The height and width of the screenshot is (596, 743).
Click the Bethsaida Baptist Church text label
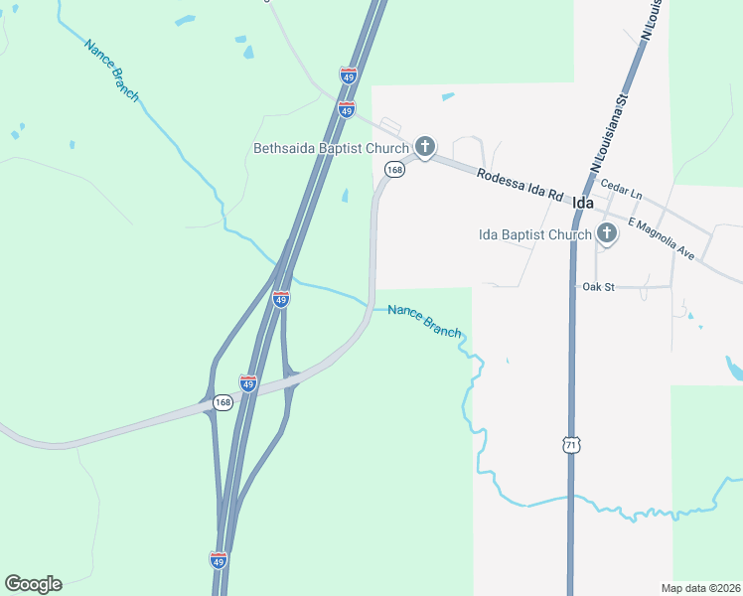tap(331, 149)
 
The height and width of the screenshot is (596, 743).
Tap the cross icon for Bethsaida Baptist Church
tap(424, 148)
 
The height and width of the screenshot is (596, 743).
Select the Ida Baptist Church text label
tap(534, 234)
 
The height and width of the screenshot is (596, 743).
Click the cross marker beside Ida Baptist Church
tap(606, 234)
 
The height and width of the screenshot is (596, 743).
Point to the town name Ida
tap(583, 203)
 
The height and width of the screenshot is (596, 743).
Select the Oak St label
tap(599, 287)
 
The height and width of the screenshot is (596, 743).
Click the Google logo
tap(33, 584)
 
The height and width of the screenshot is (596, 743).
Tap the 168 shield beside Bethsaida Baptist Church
tap(395, 170)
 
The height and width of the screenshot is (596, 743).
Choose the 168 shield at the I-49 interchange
tap(223, 402)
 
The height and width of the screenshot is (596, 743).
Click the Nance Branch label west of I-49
tap(111, 70)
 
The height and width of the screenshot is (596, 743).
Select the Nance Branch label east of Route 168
tap(424, 320)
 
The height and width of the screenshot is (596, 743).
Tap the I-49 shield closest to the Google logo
tap(219, 560)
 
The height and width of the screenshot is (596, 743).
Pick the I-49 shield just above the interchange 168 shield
tap(248, 381)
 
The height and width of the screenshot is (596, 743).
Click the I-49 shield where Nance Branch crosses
tap(281, 299)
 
